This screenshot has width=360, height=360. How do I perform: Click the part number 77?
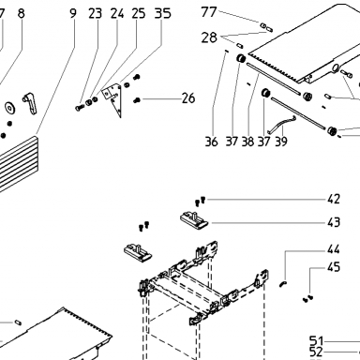(x=209, y=12)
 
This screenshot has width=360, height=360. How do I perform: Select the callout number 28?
(x=209, y=37)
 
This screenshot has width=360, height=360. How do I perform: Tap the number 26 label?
(x=188, y=98)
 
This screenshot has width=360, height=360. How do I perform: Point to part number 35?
(x=163, y=13)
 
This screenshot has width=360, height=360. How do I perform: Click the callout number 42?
(x=334, y=199)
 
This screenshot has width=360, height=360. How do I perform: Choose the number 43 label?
(x=334, y=222)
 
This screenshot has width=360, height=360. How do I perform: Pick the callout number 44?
(x=334, y=249)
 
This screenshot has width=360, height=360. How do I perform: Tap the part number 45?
(x=334, y=267)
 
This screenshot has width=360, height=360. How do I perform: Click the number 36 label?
(x=211, y=142)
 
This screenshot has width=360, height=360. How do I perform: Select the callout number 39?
(x=281, y=142)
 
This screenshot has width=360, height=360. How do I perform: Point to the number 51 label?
(x=316, y=340)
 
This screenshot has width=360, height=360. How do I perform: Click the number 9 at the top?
(x=72, y=13)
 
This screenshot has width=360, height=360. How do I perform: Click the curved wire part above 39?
(x=281, y=123)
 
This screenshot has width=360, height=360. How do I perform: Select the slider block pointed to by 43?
(x=194, y=219)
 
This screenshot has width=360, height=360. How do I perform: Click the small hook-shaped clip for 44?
(x=283, y=283)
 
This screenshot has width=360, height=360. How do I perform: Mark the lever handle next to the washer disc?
(x=30, y=103)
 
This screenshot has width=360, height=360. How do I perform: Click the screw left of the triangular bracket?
(x=79, y=108)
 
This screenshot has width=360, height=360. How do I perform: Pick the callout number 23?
(x=95, y=13)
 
